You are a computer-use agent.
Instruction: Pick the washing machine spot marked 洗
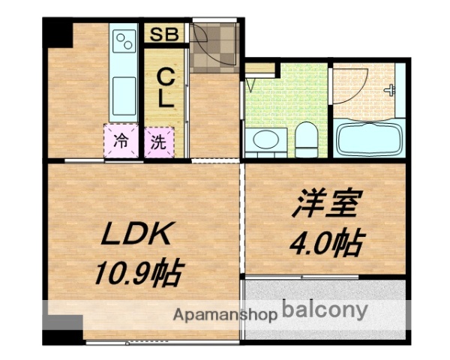pyautogui.click(x=157, y=141)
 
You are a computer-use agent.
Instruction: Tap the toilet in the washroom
pyautogui.click(x=305, y=139)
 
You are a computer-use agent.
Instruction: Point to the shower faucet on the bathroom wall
pyautogui.click(x=391, y=90)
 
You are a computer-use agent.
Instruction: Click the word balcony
pyautogui.click(x=325, y=310)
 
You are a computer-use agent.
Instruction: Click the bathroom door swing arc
pyautogui.click(x=346, y=84)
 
